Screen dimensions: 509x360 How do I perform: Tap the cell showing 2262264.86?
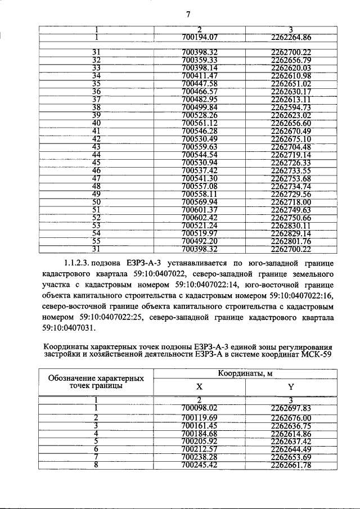click(x=291, y=38)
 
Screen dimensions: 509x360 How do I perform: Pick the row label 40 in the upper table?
click(x=96, y=123)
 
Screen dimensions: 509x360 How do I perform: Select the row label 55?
click(x=96, y=241)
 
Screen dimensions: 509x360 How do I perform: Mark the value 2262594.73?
click(x=291, y=107)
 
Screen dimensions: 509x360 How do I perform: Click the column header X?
click(x=200, y=386)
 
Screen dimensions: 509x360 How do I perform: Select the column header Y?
click(x=291, y=386)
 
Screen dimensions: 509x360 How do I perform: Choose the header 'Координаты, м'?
click(x=245, y=373)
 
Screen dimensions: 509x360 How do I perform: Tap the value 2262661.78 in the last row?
click(x=291, y=465)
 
